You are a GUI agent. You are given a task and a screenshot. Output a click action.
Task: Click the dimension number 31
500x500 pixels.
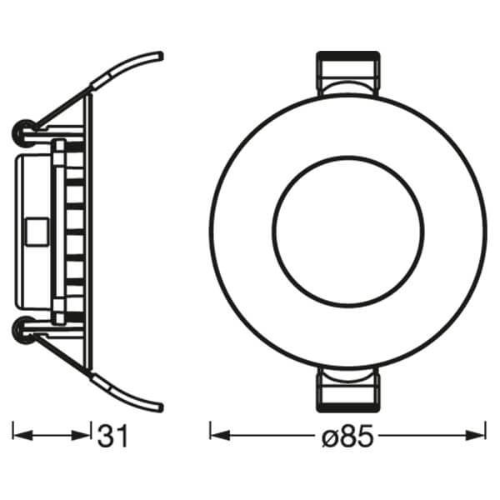point(113,435)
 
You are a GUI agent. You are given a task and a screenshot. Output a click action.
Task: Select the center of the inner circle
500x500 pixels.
point(347,232)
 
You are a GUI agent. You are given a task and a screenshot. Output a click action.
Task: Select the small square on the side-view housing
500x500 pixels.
point(37,231)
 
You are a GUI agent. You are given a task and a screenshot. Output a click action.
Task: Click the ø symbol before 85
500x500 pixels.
point(327,436)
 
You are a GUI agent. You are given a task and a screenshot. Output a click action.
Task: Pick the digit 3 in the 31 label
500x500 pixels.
point(106,435)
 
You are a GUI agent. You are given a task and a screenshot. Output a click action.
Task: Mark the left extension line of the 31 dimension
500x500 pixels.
point(15,432)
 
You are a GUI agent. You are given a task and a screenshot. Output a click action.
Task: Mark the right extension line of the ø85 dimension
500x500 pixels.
point(485,432)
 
